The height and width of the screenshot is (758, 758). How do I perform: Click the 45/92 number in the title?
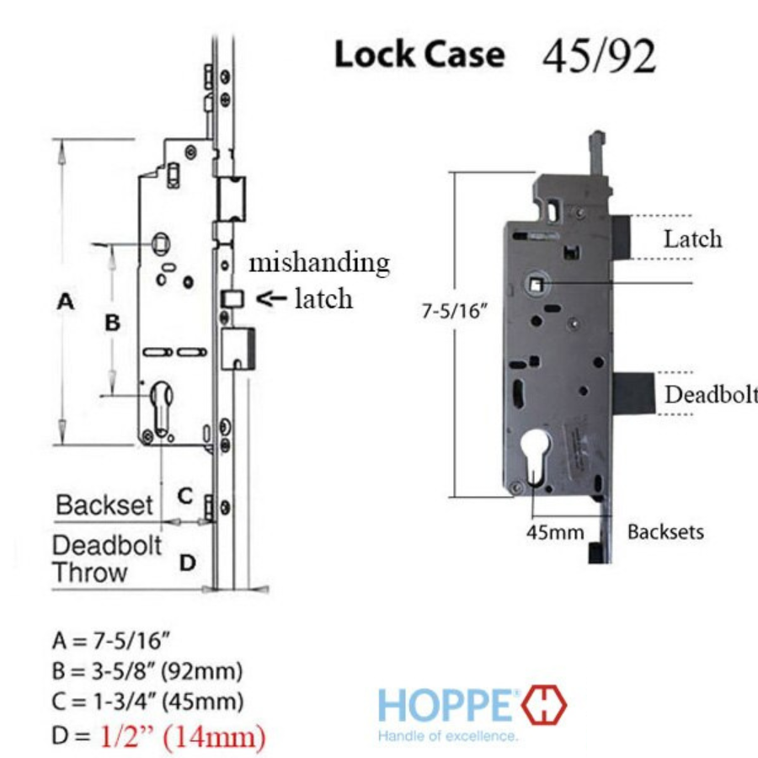599,56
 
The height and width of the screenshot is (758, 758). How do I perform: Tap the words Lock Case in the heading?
419,54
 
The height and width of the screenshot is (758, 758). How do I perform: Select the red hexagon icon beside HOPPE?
544,705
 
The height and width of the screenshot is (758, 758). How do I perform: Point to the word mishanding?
319,263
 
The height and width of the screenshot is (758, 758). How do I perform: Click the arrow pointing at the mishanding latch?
271,298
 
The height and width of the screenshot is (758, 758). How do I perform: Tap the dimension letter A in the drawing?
66,302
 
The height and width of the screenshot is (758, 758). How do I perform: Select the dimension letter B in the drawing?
112,323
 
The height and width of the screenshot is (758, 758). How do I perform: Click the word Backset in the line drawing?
104,505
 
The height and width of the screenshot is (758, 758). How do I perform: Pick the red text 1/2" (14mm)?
184,736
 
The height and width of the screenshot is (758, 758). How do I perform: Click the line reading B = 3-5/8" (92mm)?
147,671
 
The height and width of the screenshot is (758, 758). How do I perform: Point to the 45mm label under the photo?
555,532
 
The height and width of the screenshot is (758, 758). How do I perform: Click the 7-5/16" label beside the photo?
453,310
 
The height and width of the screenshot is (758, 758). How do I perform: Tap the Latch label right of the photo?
693,239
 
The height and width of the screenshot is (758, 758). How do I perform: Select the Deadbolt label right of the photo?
711,394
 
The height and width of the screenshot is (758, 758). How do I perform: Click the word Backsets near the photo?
665,531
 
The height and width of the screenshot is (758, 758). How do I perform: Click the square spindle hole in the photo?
536,284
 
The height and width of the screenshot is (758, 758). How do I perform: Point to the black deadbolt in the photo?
634,393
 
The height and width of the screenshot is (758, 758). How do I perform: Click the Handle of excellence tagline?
448,736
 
